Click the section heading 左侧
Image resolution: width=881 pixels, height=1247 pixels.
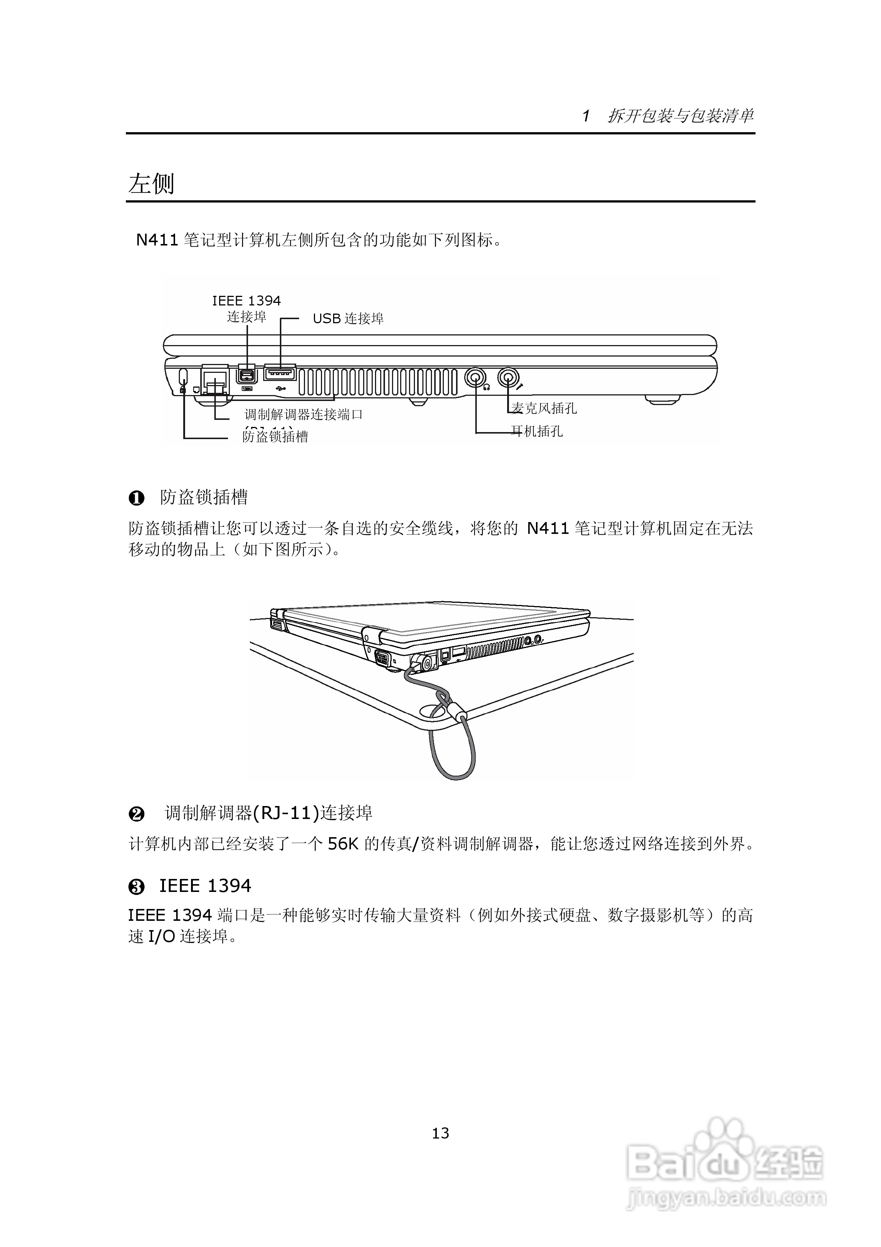coord(151,184)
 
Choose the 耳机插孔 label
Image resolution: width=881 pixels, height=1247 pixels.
coord(537,431)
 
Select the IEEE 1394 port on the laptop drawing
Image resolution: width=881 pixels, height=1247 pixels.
coord(248,376)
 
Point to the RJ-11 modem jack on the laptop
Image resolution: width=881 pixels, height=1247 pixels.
coord(215,378)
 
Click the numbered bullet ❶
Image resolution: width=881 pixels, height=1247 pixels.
coord(136,498)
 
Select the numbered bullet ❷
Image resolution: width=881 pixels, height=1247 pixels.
coord(136,813)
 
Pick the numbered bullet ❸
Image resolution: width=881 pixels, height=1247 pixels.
coord(136,887)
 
